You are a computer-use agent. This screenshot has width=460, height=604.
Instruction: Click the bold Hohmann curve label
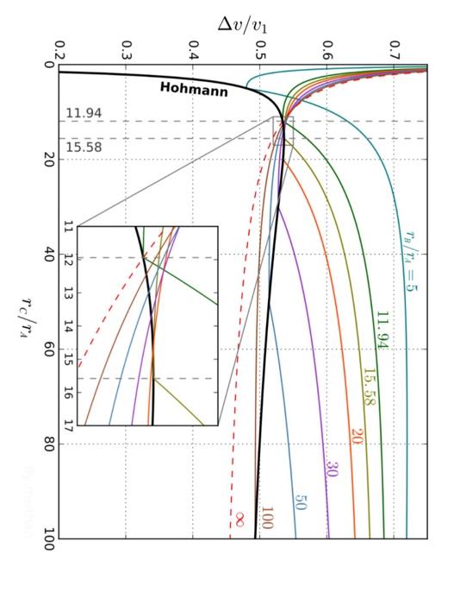coord(193,88)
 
